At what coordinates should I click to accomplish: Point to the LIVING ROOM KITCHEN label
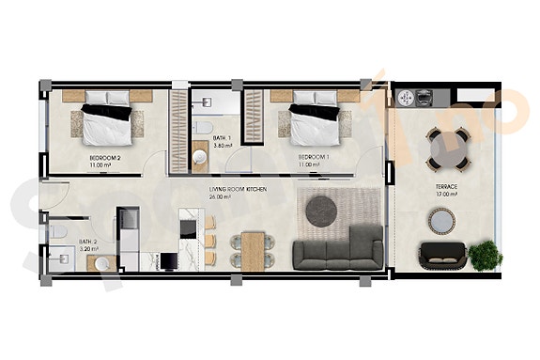point(238,190)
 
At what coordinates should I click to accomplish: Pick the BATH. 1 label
point(223,138)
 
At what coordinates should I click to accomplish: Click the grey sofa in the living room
point(338,250)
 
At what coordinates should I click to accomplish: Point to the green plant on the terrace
point(486,253)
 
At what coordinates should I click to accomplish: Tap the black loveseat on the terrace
point(442,254)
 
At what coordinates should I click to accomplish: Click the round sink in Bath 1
point(200,156)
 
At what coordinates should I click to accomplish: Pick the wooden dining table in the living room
point(251,247)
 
